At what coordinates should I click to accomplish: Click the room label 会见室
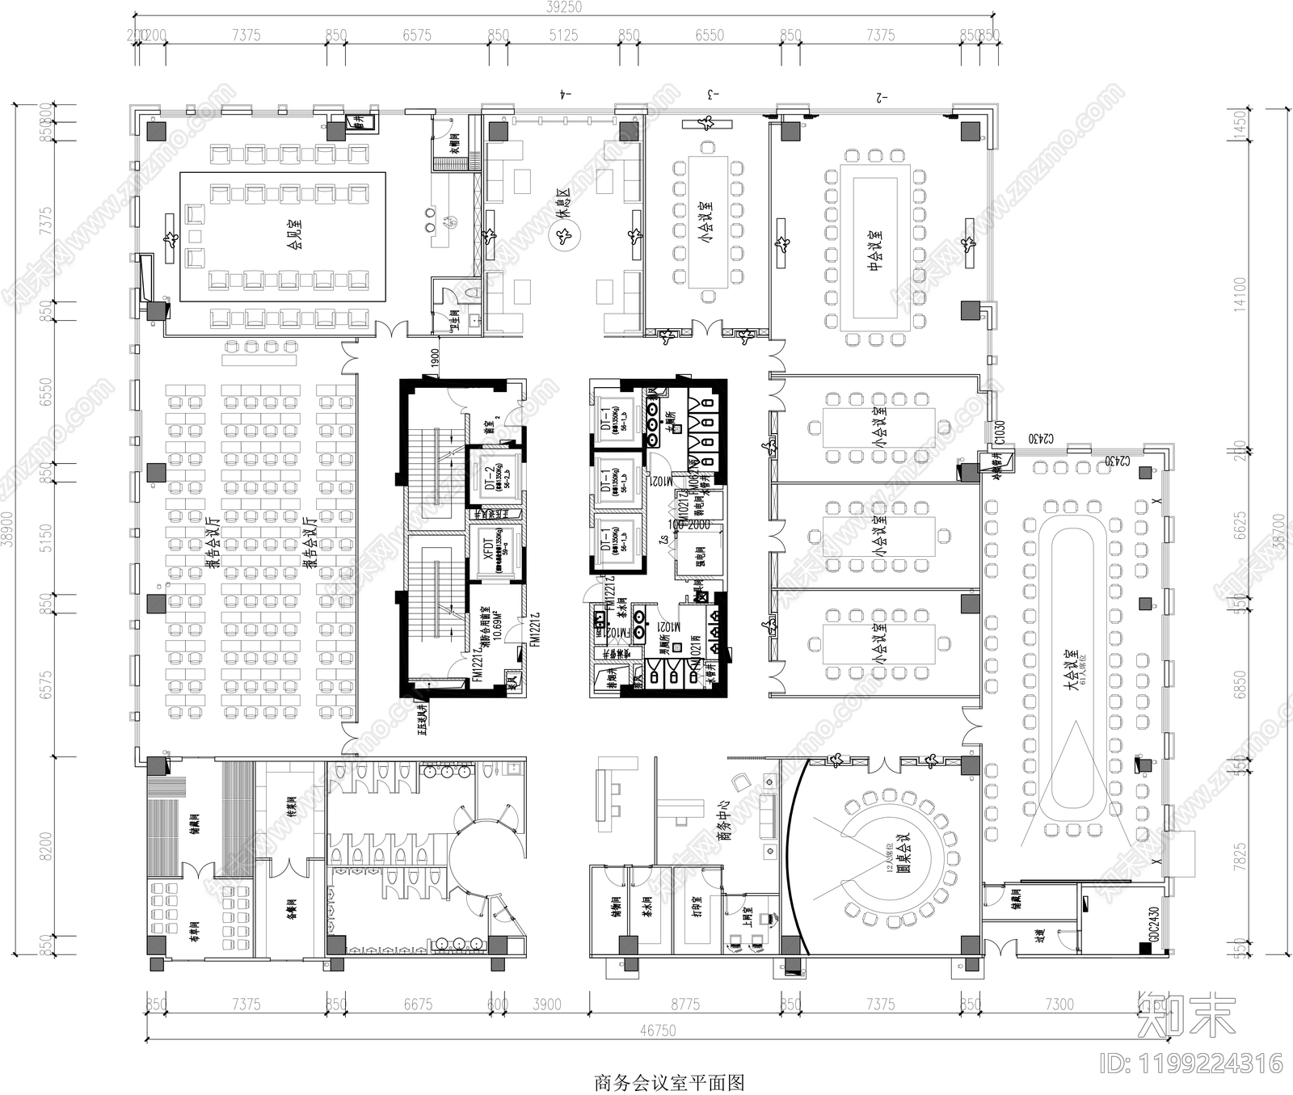pyautogui.click(x=297, y=234)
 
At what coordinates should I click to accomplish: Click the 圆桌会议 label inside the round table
pyautogui.click(x=904, y=855)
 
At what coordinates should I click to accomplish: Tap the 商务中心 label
pyautogui.click(x=725, y=821)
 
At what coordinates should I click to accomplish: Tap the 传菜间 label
pyautogui.click(x=292, y=807)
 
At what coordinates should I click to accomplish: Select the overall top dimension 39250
pyautogui.click(x=563, y=6)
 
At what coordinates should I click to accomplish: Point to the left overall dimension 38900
pyautogui.click(x=7, y=529)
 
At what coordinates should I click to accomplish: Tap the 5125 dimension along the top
pyautogui.click(x=563, y=35)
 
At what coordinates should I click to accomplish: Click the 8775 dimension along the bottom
pyautogui.click(x=684, y=1004)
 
